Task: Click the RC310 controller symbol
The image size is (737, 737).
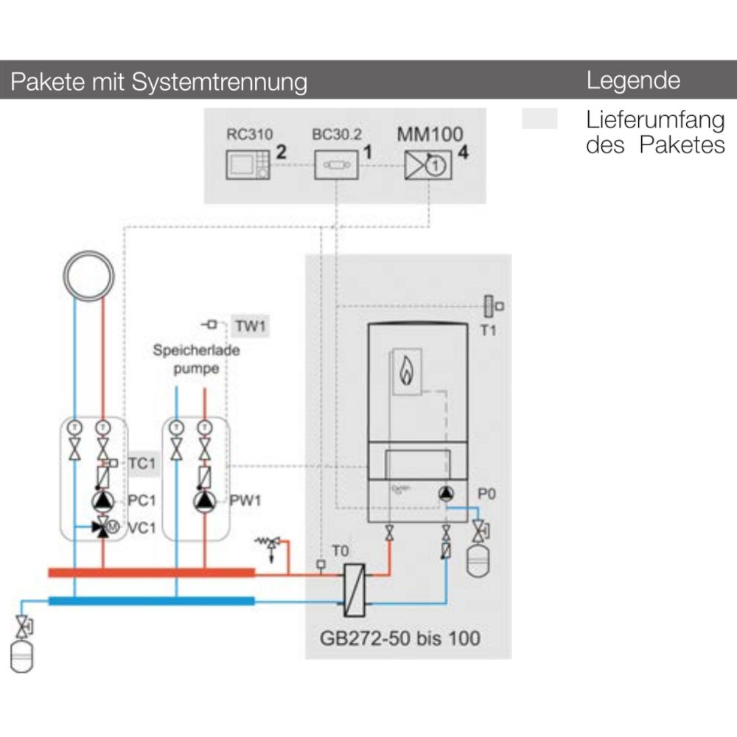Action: coord(248,164)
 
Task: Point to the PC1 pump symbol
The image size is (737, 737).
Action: coord(103,500)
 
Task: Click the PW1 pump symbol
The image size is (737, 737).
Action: coord(204,500)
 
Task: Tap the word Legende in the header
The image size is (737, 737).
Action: coord(632,80)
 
